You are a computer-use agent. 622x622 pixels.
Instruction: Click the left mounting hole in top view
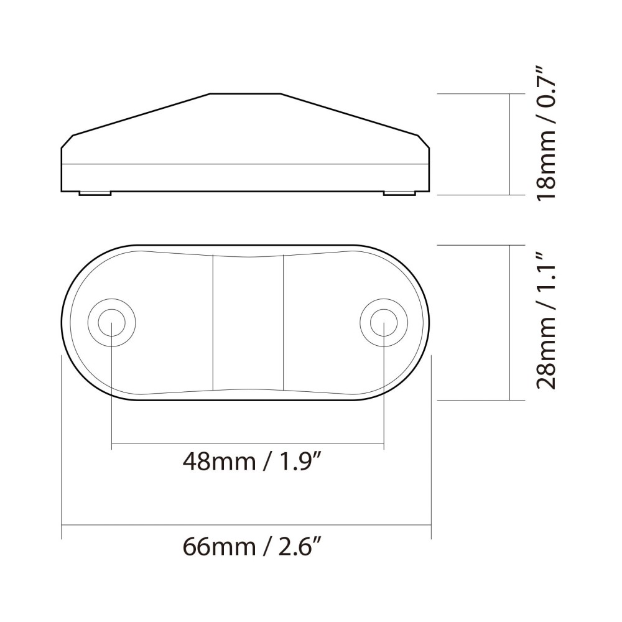coord(111,322)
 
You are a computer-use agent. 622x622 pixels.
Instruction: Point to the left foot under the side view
coord(95,193)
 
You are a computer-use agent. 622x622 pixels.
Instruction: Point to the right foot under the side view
coord(399,193)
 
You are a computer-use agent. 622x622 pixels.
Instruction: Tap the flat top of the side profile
coord(246,95)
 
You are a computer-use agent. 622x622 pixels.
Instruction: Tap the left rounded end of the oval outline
coord(67,322)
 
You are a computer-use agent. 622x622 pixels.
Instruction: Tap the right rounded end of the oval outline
coord(429,322)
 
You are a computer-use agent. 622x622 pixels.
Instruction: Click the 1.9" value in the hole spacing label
coord(304,462)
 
